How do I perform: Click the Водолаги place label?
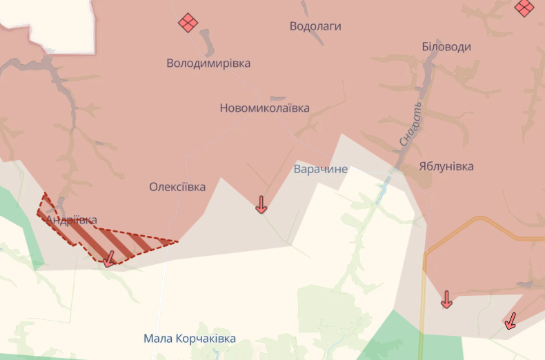point(315,26)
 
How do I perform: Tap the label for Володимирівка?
point(208,63)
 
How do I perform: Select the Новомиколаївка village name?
point(264,108)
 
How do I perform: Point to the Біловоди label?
point(446,47)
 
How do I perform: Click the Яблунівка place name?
point(446,166)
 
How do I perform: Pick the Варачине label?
point(321,169)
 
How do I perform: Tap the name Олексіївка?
point(177,187)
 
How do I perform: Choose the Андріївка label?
point(71,220)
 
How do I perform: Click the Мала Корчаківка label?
point(190,339)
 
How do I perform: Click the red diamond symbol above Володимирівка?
point(188,23)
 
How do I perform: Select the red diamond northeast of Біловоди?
point(524,8)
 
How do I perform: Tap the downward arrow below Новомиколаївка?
point(261,204)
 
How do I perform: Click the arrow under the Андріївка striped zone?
point(108,259)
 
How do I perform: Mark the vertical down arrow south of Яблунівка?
point(446,299)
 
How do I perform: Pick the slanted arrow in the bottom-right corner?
point(511,321)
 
